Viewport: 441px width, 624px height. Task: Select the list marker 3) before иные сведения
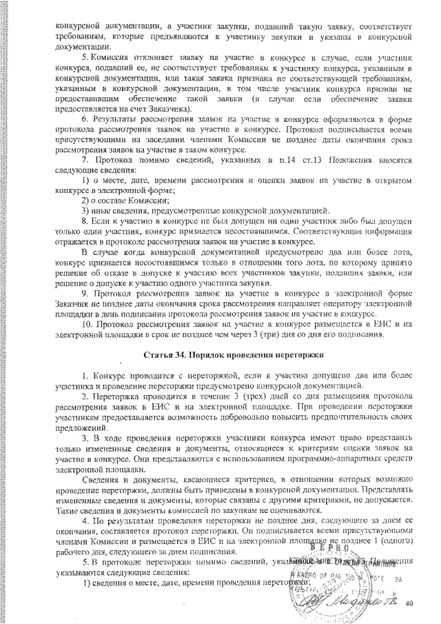click(x=86, y=208)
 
